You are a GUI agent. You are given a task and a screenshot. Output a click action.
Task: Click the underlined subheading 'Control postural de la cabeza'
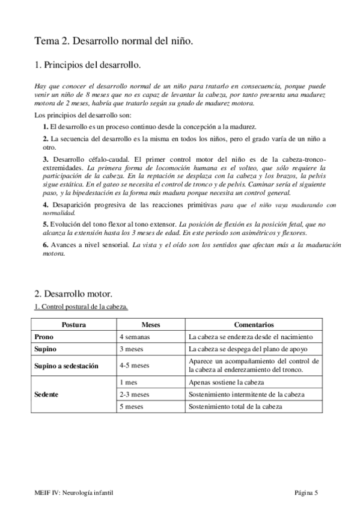click(x=82, y=307)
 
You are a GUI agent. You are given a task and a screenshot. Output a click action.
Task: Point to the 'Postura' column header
click(x=73, y=325)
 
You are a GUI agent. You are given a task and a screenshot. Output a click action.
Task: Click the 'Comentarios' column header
click(x=254, y=325)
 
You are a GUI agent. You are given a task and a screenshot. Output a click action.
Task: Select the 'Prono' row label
click(x=44, y=337)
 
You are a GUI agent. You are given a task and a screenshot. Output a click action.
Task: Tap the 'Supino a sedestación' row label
click(x=66, y=365)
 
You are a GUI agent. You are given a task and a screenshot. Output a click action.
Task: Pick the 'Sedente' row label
click(x=47, y=394)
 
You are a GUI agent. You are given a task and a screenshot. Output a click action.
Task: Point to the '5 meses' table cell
click(x=132, y=407)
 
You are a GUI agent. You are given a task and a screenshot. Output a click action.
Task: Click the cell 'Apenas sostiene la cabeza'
click(x=227, y=382)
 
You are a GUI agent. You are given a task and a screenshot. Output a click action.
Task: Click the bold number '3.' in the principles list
click(x=46, y=159)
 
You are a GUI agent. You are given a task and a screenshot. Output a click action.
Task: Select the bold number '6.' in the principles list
click(x=46, y=245)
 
